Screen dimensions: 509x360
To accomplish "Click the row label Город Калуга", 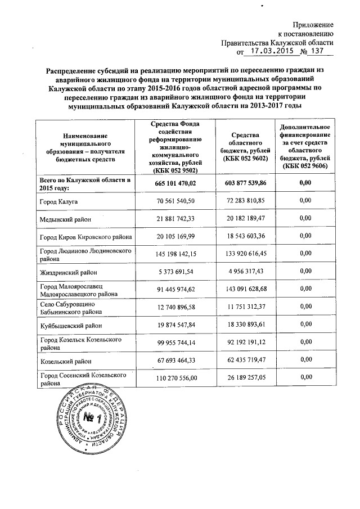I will [58, 201].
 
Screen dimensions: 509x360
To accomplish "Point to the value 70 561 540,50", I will [176, 201].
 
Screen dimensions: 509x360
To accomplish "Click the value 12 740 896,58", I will [176, 308].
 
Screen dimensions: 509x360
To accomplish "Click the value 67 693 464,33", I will [176, 361].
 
